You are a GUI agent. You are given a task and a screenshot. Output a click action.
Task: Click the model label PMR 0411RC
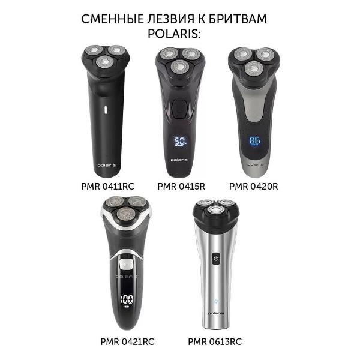click(107, 186)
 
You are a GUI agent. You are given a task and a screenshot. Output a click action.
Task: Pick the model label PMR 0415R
click(181, 186)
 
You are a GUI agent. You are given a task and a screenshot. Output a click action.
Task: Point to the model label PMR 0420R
click(253, 186)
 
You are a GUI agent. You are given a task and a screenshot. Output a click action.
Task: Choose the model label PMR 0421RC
click(127, 341)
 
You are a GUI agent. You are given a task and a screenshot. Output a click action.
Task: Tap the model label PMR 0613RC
click(215, 341)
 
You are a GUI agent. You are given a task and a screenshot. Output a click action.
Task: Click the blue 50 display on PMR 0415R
click(180, 141)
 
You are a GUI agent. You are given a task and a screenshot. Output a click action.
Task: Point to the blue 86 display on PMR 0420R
click(254, 140)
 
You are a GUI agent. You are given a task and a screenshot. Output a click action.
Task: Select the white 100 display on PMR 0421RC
click(127, 299)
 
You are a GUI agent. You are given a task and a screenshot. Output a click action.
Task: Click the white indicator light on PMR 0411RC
click(106, 110)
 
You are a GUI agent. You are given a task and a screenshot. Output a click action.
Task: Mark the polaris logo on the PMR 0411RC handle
click(107, 166)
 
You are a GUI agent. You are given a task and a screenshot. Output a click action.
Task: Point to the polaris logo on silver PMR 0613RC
click(216, 313)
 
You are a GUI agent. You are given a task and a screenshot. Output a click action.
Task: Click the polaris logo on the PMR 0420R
click(256, 164)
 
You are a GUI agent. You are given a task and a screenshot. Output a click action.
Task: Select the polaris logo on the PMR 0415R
click(179, 160)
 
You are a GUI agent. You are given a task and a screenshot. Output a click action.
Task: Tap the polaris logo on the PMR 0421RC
click(127, 277)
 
